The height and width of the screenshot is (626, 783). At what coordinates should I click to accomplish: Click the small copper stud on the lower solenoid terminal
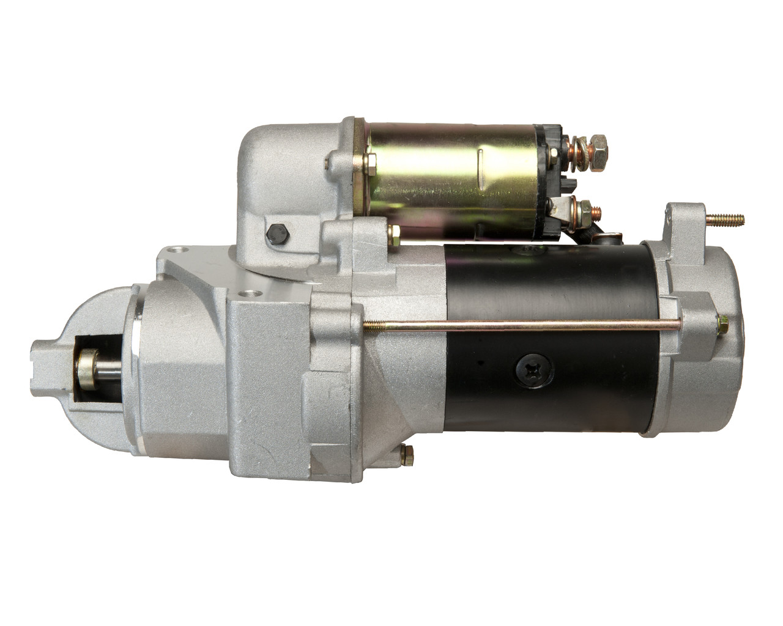[x=597, y=212]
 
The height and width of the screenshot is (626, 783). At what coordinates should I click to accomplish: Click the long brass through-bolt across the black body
[x=520, y=328]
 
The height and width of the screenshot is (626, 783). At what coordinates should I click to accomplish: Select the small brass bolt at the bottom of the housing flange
[x=406, y=454]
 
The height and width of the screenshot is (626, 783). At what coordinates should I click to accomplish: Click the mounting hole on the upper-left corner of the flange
[x=177, y=251]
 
